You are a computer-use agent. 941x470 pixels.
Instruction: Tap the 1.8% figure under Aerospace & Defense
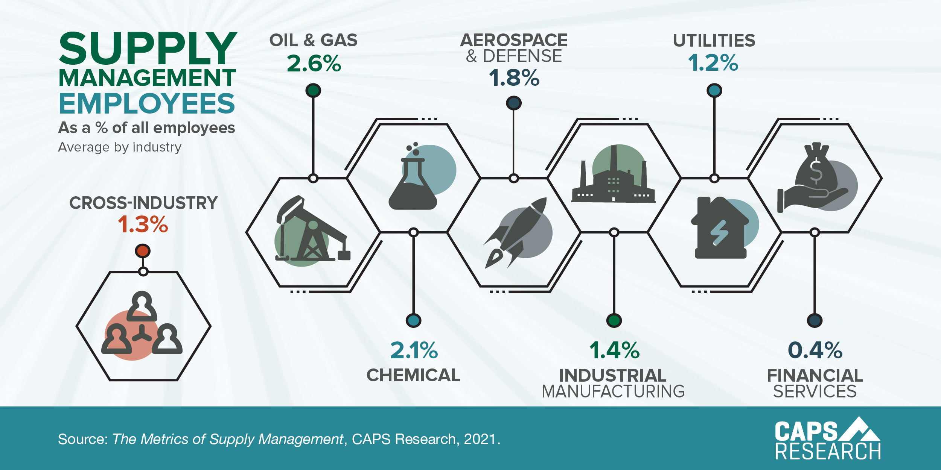click(x=514, y=78)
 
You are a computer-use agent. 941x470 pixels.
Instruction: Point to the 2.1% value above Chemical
click(x=414, y=350)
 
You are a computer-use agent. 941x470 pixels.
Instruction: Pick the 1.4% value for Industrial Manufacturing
click(x=614, y=350)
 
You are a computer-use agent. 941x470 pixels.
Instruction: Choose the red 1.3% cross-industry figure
click(x=143, y=224)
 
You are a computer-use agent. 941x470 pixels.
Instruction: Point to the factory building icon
click(x=614, y=177)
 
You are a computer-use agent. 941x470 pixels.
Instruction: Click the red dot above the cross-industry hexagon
click(x=143, y=251)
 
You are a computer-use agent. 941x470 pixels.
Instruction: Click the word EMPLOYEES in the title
click(x=147, y=103)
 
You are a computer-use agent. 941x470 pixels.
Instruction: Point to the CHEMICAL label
click(x=413, y=375)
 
